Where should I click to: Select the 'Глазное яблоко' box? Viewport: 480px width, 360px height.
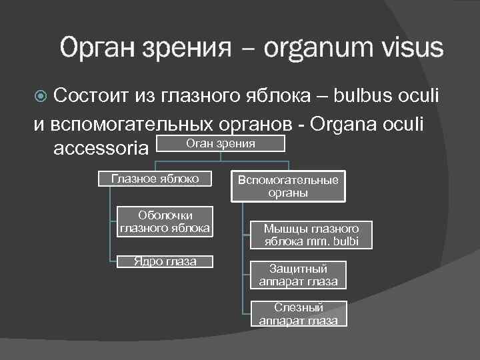(x=155, y=179)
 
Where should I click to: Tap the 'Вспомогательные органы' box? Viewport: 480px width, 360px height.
(x=288, y=187)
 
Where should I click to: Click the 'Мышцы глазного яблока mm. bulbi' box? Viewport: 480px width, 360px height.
(x=311, y=235)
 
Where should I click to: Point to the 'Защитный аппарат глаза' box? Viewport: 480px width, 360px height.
(x=298, y=275)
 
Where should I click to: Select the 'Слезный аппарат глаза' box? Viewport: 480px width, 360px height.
(x=298, y=314)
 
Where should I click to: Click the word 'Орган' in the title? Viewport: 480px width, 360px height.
(x=99, y=48)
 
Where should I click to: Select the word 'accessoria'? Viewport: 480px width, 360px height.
(x=100, y=148)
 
